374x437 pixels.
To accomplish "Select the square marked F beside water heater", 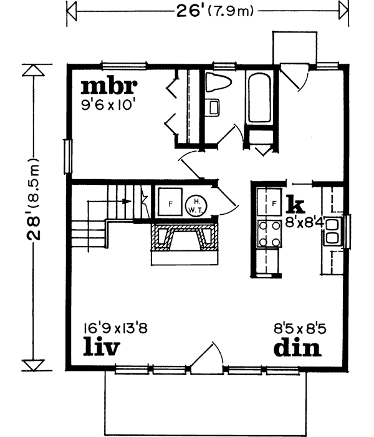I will point(168,202).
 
